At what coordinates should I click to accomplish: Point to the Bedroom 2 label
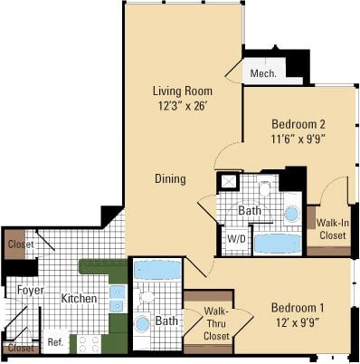click(298, 124)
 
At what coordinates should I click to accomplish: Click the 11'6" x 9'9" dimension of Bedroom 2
click(298, 139)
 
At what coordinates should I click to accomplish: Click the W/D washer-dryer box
click(234, 239)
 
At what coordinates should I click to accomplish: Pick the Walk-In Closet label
click(330, 228)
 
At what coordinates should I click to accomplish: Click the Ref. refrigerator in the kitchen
click(55, 342)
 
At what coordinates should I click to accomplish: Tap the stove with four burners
click(88, 343)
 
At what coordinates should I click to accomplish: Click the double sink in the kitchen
click(117, 298)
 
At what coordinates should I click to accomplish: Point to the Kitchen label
click(79, 298)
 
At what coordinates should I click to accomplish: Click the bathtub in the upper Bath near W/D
click(277, 244)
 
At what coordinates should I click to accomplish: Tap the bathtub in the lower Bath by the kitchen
click(156, 270)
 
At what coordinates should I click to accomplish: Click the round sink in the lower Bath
click(143, 323)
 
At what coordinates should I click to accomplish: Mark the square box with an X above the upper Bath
click(229, 181)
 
